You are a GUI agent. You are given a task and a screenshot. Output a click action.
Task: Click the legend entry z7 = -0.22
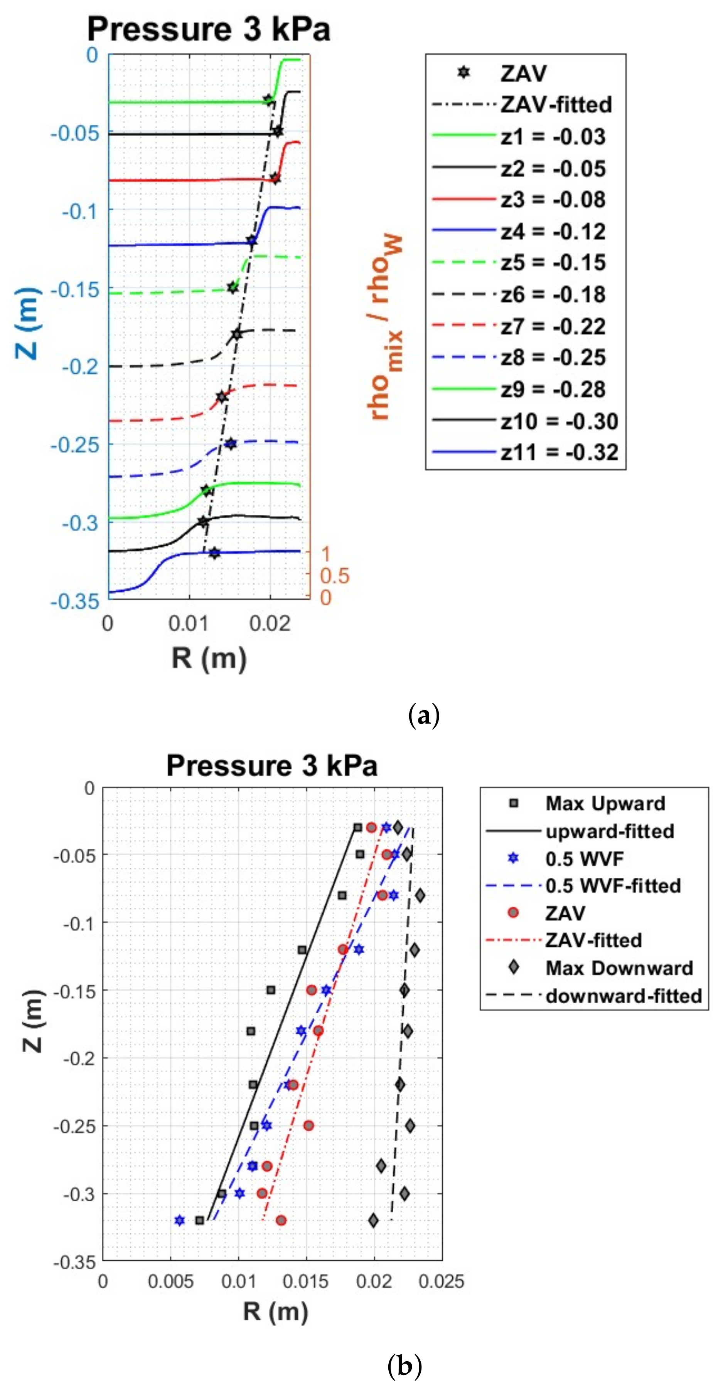pyautogui.click(x=553, y=326)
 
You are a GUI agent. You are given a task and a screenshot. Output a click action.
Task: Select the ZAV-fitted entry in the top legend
pyautogui.click(x=556, y=104)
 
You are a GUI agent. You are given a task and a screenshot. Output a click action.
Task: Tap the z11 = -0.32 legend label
pyautogui.click(x=559, y=452)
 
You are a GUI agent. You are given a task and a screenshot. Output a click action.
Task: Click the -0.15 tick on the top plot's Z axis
pyautogui.click(x=76, y=290)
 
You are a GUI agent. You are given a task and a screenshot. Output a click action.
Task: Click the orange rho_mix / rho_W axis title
pyautogui.click(x=386, y=327)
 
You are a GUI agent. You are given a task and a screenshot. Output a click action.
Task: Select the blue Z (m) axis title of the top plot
pyautogui.click(x=27, y=324)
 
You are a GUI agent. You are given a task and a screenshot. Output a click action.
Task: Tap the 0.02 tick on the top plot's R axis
pyautogui.click(x=270, y=623)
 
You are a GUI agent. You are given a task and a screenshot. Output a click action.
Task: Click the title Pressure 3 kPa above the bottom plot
pyautogui.click(x=271, y=765)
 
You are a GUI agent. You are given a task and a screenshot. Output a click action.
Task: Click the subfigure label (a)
pyautogui.click(x=425, y=715)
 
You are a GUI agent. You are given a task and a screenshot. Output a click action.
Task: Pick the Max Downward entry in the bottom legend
pyautogui.click(x=619, y=968)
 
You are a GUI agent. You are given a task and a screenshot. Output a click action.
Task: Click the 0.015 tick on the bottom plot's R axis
pyautogui.click(x=306, y=1281)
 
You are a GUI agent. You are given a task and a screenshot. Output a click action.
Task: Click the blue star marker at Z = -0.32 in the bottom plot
pyautogui.click(x=180, y=1220)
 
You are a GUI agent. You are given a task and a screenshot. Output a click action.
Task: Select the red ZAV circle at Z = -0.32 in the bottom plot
pyautogui.click(x=281, y=1220)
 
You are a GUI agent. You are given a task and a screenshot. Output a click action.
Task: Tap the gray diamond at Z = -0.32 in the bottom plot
pyautogui.click(x=373, y=1220)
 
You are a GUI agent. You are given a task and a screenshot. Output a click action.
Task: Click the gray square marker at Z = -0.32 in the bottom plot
pyautogui.click(x=200, y=1220)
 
